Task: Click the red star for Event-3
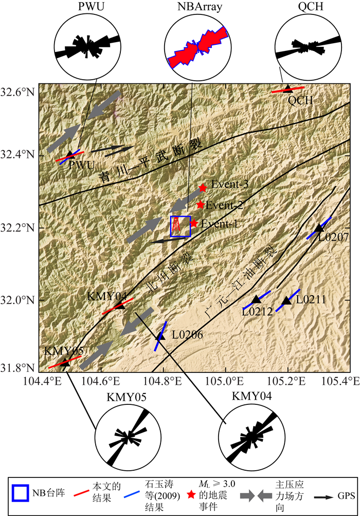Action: pos(203,188)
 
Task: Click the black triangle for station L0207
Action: pos(320,227)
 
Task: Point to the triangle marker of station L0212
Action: pos(256,299)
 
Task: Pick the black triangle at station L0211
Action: pos(286,300)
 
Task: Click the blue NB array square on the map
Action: pos(181,226)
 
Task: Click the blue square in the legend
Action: pos(20,494)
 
